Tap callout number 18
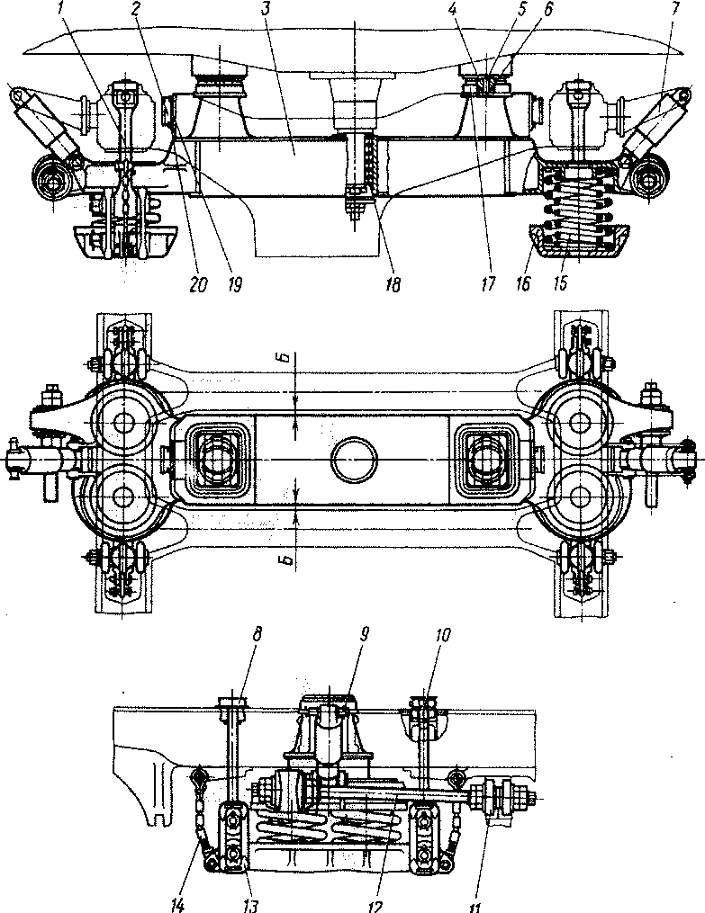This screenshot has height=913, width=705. click(x=393, y=286)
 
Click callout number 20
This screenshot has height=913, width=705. click(x=197, y=286)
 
